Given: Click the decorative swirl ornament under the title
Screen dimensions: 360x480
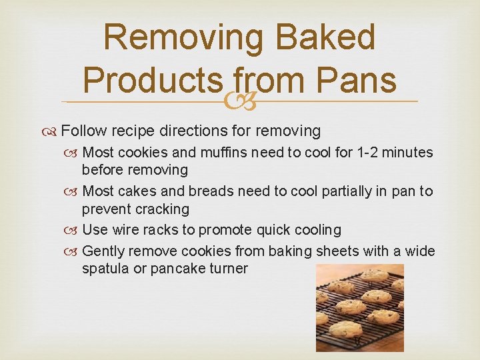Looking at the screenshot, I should click(x=240, y=101).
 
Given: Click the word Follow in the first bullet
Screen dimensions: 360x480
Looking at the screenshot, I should click(x=90, y=130).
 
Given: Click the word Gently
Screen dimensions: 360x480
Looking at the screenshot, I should click(x=103, y=251).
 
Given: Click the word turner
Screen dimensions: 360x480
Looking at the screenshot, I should click(x=227, y=269).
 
